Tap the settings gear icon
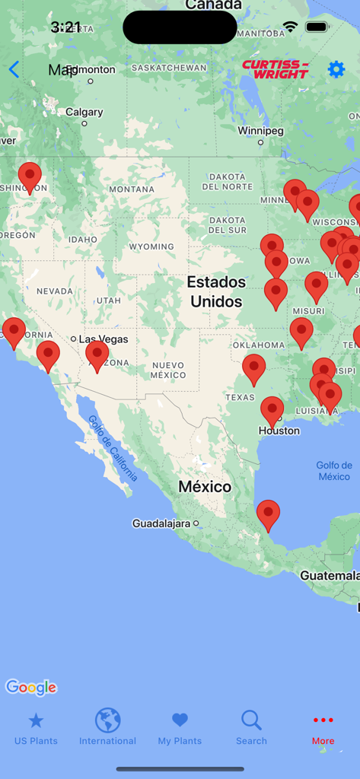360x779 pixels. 336,69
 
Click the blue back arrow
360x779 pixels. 14,70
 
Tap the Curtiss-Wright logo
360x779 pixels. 275,69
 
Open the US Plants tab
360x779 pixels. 36,728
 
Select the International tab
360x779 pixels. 107,728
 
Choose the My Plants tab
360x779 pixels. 180,728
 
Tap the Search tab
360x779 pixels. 251,728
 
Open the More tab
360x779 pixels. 323,728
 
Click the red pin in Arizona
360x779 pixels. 97,355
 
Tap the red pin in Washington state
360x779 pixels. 30,176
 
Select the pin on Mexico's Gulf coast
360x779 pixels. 268,514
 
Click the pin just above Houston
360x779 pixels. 272,411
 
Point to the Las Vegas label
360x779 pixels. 104,339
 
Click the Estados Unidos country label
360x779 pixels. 216,291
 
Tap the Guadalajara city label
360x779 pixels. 162,523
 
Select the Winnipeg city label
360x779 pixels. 260,131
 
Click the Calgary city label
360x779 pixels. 84,112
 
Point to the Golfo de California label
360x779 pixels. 112,449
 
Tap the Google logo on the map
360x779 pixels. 31,688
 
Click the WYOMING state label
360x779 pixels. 151,246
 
